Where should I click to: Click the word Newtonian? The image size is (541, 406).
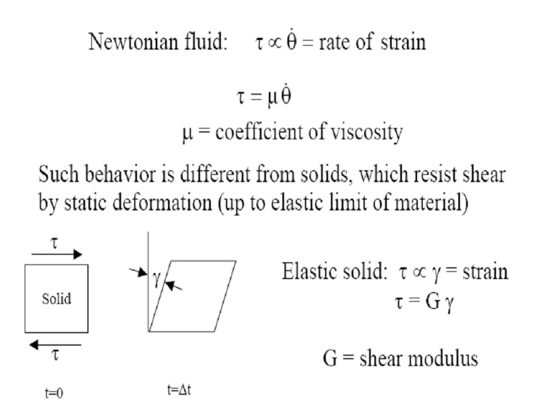click(x=133, y=42)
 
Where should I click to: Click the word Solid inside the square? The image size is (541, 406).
click(x=57, y=299)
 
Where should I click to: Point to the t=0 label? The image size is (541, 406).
click(x=54, y=393)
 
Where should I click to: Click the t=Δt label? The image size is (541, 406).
click(x=179, y=390)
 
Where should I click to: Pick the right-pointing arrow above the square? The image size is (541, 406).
click(x=57, y=254)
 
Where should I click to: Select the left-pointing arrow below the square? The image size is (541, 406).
click(x=55, y=345)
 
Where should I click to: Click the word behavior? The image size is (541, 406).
click(x=120, y=174)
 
